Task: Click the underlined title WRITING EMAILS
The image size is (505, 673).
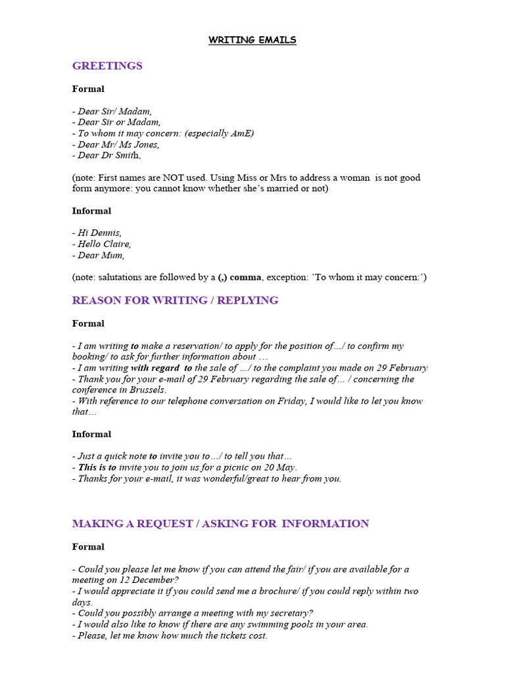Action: tap(252, 40)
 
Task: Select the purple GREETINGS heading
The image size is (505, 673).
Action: tap(107, 66)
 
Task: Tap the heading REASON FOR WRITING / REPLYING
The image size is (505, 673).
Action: tap(175, 300)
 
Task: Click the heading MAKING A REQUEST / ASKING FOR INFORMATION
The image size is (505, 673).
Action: tap(220, 524)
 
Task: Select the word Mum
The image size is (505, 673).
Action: tap(112, 255)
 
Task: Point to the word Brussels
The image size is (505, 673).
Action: tap(146, 390)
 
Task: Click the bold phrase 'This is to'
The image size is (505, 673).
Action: tap(97, 467)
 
